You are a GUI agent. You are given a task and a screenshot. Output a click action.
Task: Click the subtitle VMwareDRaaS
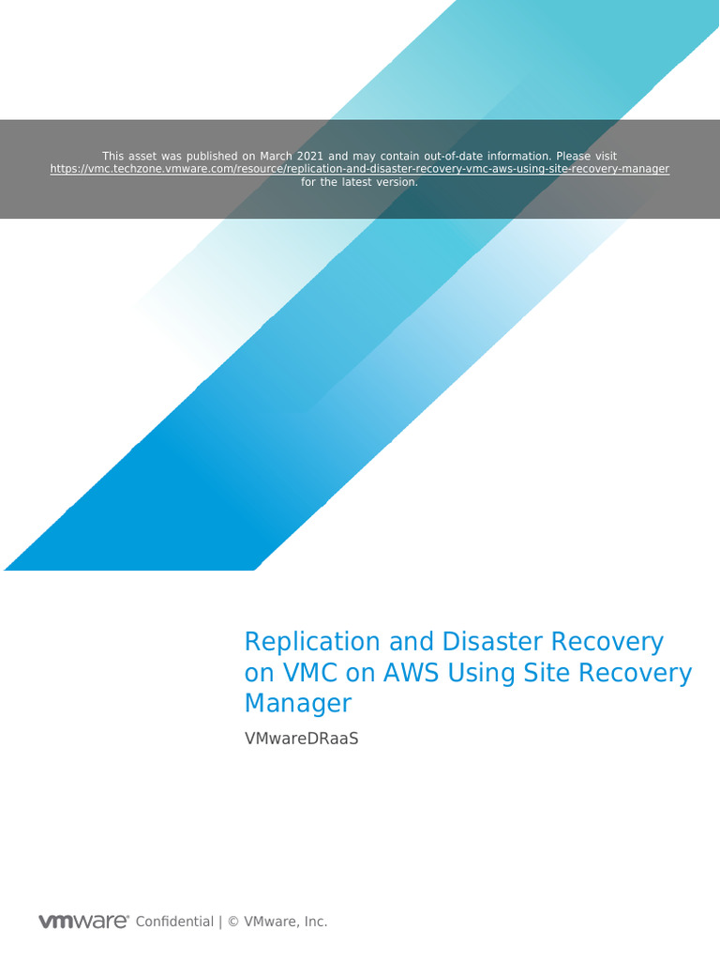[301, 739]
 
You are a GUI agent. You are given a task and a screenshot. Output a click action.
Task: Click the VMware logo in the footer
[82, 922]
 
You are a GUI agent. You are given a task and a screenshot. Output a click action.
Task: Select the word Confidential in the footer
[174, 922]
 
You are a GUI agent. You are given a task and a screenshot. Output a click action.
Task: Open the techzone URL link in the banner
[360, 169]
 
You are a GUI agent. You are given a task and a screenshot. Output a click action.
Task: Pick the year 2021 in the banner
[311, 156]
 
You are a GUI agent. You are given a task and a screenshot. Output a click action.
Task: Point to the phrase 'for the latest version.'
[360, 182]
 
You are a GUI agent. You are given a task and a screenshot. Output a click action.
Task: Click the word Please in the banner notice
[573, 156]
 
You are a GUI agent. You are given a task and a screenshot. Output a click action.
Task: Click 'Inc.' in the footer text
[314, 922]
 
